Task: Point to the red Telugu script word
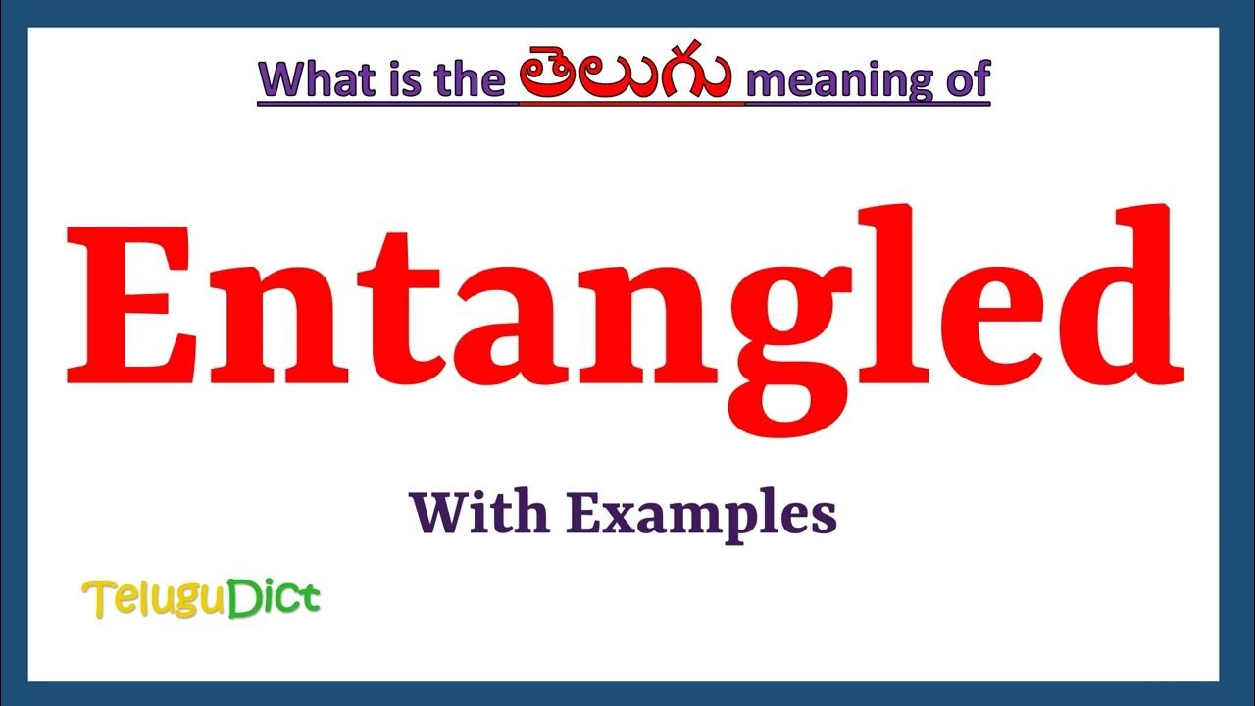point(626,78)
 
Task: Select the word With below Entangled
point(477,513)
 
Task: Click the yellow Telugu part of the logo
point(154,597)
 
